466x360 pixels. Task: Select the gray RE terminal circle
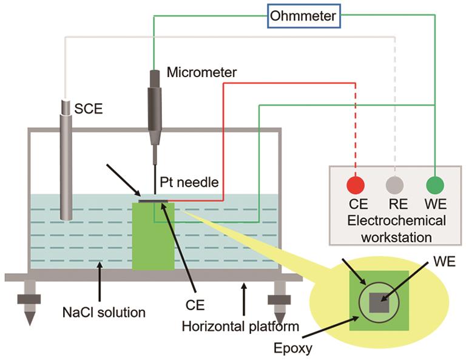395,185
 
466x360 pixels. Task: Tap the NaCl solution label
104,313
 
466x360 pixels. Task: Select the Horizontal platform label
241,327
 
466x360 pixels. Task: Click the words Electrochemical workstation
396,227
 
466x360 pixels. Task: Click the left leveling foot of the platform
29,303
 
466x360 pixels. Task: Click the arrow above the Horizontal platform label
244,296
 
